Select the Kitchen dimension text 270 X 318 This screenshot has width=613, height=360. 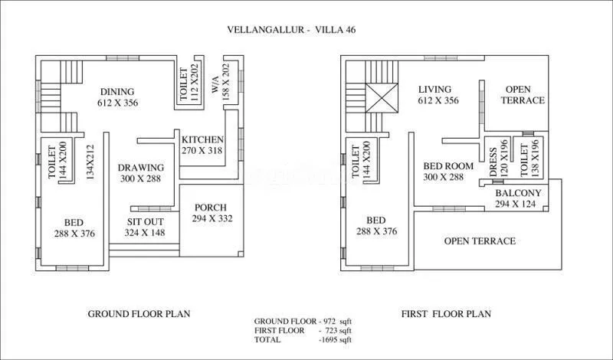click(202, 151)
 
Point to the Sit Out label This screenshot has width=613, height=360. click(145, 222)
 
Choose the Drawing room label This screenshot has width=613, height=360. click(141, 168)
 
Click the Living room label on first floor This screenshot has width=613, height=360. click(434, 89)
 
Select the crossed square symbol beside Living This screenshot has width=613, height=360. click(379, 97)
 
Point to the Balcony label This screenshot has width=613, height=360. click(519, 193)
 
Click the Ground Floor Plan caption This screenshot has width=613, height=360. click(139, 313)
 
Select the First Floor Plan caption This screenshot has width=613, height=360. click(446, 313)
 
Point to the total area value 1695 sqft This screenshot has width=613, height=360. click(336, 339)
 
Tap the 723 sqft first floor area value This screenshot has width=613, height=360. click(338, 330)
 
